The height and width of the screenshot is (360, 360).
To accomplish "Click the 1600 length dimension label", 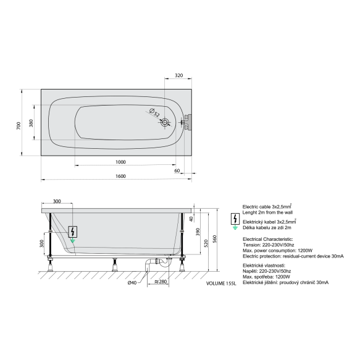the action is (x=120, y=176).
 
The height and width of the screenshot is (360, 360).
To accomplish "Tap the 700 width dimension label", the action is (x=19, y=125).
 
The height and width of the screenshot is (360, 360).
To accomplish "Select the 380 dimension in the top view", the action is (x=31, y=123).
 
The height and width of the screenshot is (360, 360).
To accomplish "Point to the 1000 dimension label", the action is (x=120, y=162).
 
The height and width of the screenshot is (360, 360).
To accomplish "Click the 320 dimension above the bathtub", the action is (x=179, y=75).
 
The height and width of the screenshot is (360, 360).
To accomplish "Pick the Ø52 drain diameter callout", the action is (x=154, y=113).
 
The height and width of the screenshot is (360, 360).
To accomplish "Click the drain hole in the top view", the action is (x=165, y=122).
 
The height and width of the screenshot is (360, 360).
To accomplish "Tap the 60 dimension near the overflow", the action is (x=177, y=171).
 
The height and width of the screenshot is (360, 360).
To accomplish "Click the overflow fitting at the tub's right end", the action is (x=187, y=122).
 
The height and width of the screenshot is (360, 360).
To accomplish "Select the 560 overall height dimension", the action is (x=215, y=239).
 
